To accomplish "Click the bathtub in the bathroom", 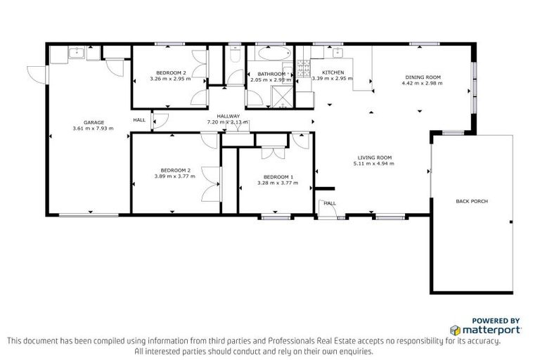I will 271,53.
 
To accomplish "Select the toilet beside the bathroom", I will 236,54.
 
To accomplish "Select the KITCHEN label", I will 333,73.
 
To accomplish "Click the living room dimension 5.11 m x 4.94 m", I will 373,164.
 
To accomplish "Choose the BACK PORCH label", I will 472,201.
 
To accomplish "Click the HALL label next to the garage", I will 139,120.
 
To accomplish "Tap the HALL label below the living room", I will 330,203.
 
